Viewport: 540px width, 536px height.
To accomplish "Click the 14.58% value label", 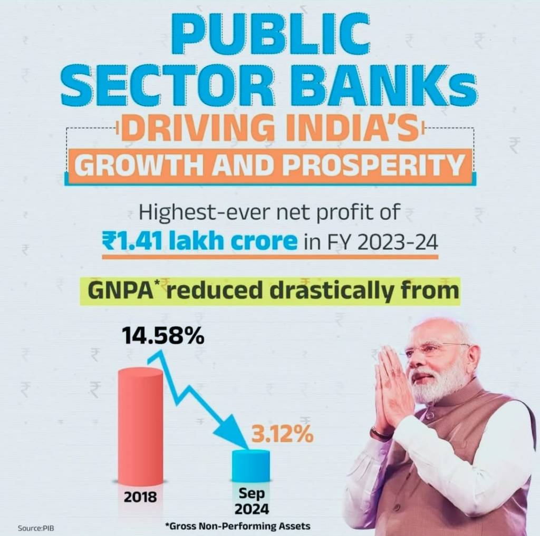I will [163, 336].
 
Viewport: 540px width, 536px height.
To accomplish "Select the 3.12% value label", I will [282, 436].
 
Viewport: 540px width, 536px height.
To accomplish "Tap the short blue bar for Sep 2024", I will [251, 466].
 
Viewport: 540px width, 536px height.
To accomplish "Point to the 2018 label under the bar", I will [140, 496].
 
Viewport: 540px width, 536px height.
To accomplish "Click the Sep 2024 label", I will [252, 502].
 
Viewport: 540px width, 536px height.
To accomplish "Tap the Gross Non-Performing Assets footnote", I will [237, 526].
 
